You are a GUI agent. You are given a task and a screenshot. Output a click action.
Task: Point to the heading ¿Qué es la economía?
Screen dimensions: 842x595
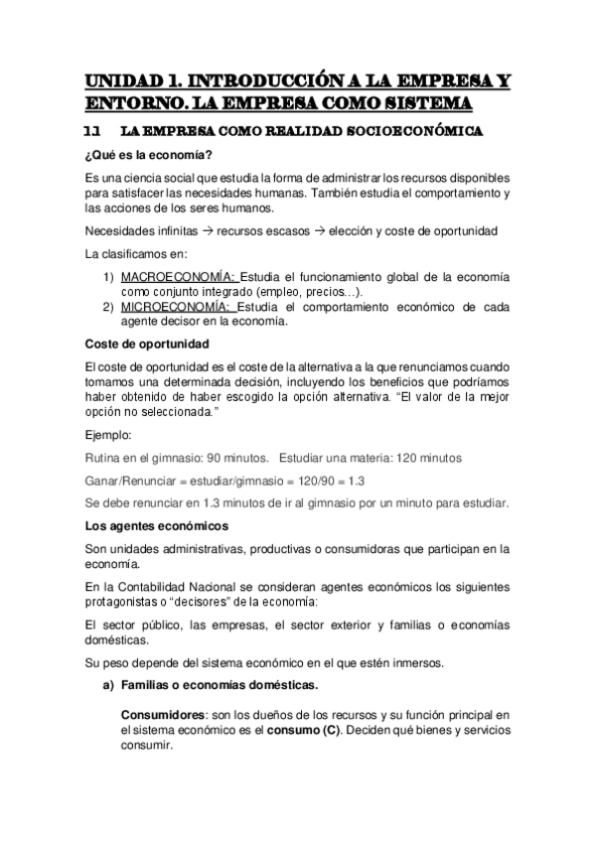pyautogui.click(x=149, y=155)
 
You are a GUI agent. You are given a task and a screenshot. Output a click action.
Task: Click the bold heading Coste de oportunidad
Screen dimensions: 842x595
pyautogui.click(x=147, y=344)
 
